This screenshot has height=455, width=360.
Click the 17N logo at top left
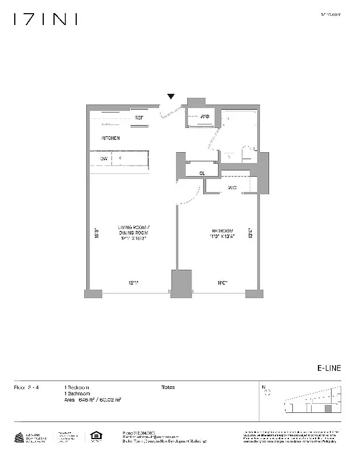point(45,19)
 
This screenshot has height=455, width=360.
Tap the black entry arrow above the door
point(170,97)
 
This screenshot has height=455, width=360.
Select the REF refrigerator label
point(138,118)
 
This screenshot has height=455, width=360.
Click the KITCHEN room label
point(110,138)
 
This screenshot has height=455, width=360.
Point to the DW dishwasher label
point(104,159)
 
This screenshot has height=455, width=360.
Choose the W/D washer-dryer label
point(205,117)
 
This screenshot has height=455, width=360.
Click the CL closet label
point(202,173)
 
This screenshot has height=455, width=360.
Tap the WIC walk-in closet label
point(233,187)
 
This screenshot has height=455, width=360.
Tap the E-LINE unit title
point(329,369)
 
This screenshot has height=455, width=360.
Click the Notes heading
point(168,387)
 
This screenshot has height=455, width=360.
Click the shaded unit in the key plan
point(328,408)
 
